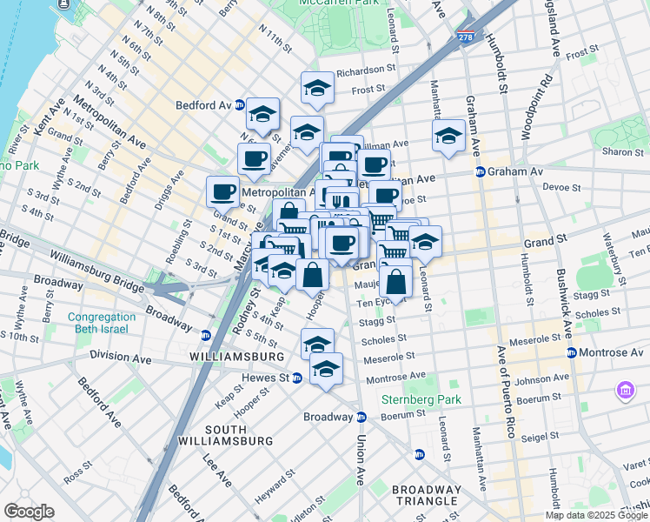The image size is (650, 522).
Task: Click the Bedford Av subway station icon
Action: (239, 105)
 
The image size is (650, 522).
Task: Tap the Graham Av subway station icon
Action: (480, 171)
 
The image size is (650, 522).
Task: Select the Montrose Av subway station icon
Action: (572, 352)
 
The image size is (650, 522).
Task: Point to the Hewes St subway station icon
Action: (296, 378)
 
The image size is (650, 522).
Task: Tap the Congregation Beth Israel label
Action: (101, 323)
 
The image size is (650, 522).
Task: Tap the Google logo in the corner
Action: (28, 512)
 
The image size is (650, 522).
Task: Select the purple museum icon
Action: (625, 391)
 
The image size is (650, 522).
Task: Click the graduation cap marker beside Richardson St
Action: (318, 88)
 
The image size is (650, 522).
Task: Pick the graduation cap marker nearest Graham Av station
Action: (448, 136)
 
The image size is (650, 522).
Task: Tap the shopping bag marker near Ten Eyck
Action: (396, 283)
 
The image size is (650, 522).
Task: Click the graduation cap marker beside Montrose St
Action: (326, 370)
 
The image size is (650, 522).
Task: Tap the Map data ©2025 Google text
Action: (596, 515)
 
